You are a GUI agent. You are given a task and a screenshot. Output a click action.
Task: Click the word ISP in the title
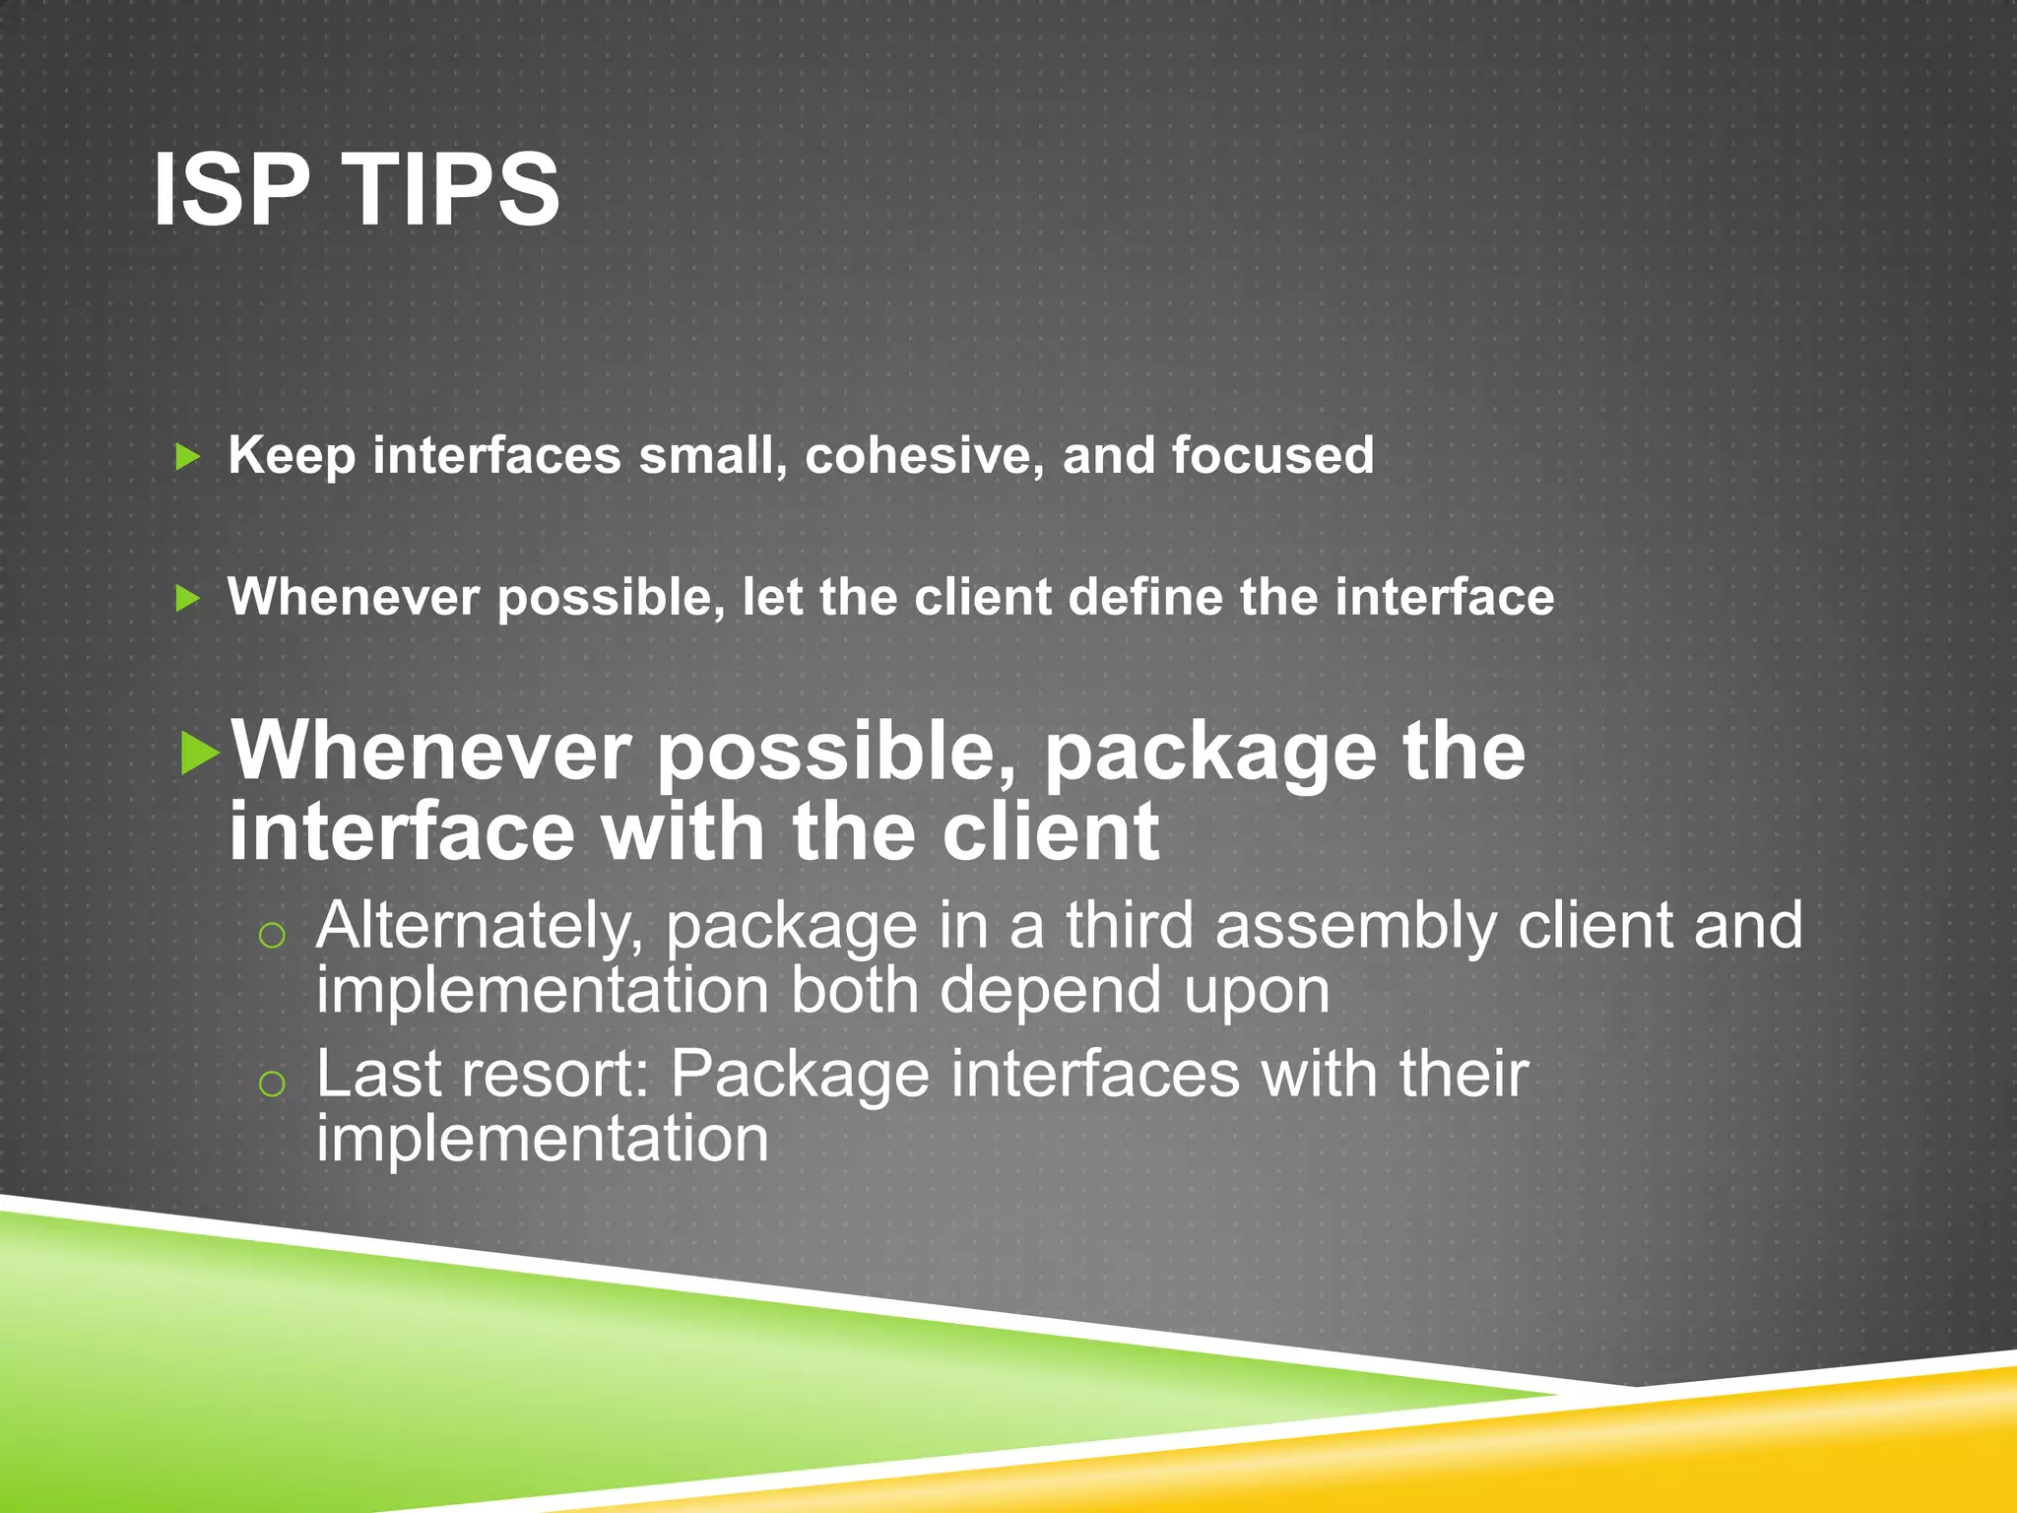(x=231, y=189)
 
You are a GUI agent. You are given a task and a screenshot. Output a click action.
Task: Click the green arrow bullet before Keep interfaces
(x=187, y=456)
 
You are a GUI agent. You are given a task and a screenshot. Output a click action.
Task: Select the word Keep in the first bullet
(x=292, y=456)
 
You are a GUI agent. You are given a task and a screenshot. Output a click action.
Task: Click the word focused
(x=1272, y=456)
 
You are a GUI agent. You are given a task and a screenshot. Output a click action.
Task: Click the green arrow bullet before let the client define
(x=187, y=598)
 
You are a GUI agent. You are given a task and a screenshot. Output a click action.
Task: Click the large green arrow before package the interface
(x=201, y=754)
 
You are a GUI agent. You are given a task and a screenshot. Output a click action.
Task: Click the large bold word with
(x=684, y=832)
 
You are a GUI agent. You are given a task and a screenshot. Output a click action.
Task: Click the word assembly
(x=1355, y=929)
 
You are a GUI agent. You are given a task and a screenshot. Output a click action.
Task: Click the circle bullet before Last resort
(x=271, y=1085)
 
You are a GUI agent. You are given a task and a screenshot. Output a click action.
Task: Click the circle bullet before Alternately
(x=271, y=936)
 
